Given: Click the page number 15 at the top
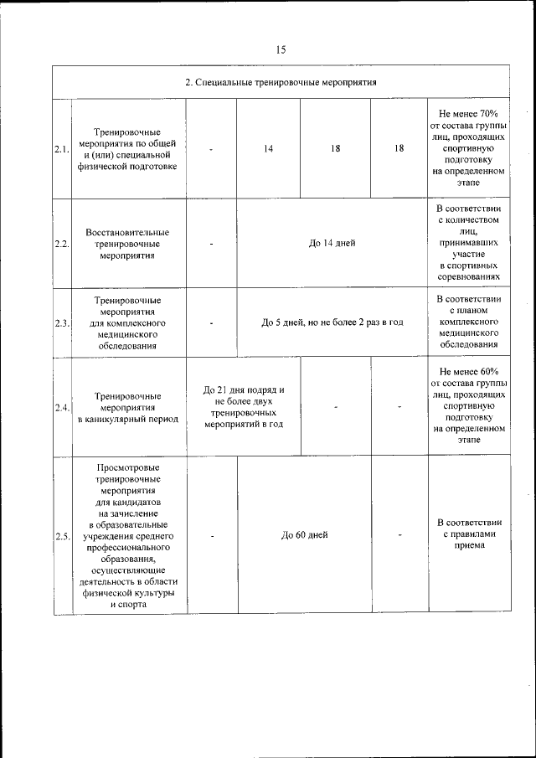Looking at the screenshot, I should [x=281, y=50].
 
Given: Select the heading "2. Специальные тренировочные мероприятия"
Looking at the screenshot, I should [x=281, y=83].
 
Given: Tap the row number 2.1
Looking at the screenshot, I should [x=61, y=149].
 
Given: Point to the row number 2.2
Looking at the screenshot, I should [x=61, y=244].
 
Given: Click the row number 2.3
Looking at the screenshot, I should [x=61, y=322].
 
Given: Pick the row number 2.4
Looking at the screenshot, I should [x=61, y=407].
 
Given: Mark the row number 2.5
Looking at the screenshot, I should [x=61, y=535].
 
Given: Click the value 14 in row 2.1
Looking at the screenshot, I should [x=268, y=149].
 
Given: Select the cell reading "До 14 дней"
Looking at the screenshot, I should [x=332, y=244].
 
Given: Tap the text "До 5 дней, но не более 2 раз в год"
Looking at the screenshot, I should [x=332, y=322].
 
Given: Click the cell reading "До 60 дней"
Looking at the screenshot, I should [x=304, y=535].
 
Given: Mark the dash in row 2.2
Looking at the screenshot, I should [x=212, y=244].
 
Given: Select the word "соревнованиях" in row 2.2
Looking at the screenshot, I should [x=467, y=275].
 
